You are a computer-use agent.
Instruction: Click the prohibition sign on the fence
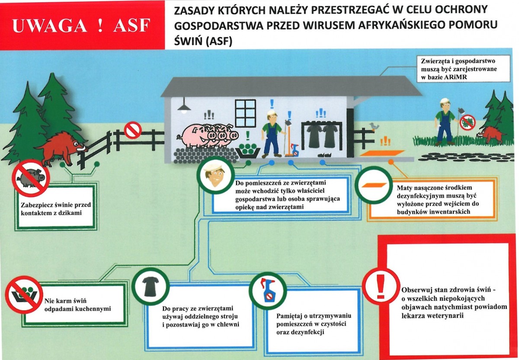pyautogui.click(x=132, y=130)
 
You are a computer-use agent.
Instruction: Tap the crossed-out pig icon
pyautogui.click(x=30, y=177)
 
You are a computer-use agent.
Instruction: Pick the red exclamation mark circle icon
pyautogui.click(x=381, y=286)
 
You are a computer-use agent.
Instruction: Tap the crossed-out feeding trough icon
pyautogui.click(x=24, y=294)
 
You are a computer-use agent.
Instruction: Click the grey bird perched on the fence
pyautogui.click(x=373, y=126)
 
